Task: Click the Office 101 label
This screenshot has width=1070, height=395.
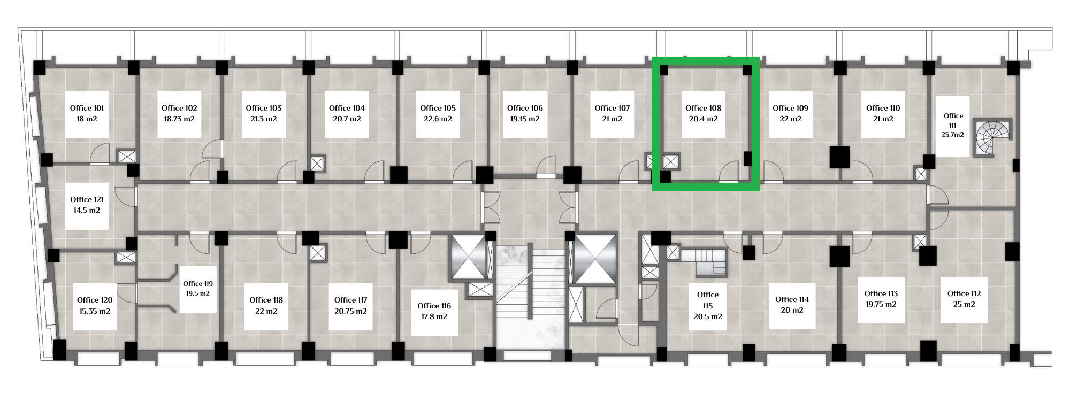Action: coord(87,108)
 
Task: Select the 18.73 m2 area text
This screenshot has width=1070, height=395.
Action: coord(179,119)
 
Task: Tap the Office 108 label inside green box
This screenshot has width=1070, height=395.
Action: coord(703,108)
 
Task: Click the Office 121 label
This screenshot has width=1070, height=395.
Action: coord(87,200)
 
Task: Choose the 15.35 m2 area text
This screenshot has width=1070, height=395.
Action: coord(95,311)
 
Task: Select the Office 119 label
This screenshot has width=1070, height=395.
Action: coord(198,284)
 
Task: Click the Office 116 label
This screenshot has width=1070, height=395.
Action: coord(434,306)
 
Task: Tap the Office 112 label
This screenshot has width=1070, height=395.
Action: coord(964,293)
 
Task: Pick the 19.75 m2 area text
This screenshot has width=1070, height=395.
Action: coord(881,305)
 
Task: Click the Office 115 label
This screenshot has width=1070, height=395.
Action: coord(708,300)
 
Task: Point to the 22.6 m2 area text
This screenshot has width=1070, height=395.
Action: coord(438,119)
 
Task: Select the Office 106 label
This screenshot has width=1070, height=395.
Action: coord(525,108)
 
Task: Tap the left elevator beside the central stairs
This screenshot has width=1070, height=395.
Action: coord(469,256)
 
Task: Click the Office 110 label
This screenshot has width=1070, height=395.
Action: coord(883,108)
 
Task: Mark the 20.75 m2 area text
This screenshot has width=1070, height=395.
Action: coord(350,311)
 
